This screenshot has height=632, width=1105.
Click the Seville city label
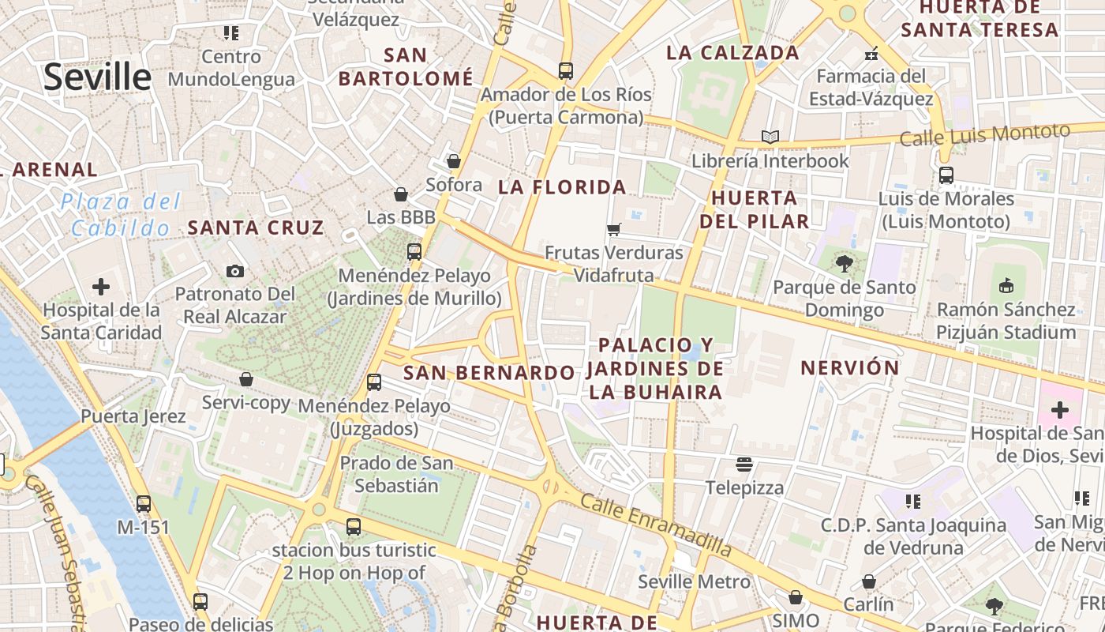97,77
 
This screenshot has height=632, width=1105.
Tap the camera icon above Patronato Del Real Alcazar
234,272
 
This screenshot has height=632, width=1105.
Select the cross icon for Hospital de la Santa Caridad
101,287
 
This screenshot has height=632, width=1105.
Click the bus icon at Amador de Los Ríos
565,71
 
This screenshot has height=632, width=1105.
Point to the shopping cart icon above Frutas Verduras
613,230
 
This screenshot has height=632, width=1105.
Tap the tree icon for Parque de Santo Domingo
844,264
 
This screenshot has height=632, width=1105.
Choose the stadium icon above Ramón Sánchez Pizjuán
1006,285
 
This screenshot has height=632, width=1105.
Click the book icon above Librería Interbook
770,137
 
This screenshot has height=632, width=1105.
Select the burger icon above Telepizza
744,464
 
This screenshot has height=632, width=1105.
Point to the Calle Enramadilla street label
656,524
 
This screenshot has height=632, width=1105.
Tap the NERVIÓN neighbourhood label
849,368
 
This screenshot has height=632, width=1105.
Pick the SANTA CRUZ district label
256,228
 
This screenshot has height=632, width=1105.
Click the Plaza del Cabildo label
120,215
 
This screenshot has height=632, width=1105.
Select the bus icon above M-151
143,503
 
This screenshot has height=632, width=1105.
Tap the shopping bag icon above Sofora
453,161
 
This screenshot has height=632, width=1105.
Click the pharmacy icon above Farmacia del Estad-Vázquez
871,54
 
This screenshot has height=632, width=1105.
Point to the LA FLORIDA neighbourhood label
563,187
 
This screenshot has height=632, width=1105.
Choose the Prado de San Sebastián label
396,474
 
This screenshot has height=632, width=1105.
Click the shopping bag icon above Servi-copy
246,379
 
